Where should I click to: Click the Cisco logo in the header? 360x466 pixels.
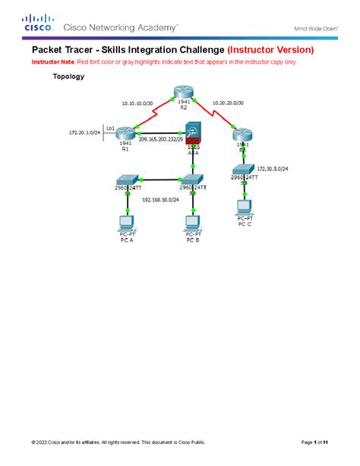[37, 25]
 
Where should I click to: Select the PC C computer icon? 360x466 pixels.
[244, 204]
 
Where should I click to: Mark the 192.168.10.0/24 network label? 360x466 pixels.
[162, 200]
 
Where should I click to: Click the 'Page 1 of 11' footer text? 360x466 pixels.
[314, 442]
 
